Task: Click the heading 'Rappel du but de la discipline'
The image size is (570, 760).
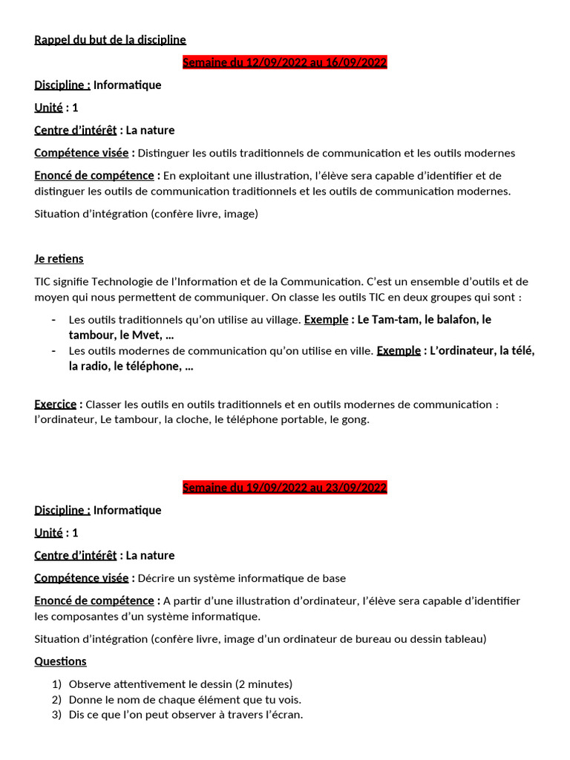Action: (x=110, y=39)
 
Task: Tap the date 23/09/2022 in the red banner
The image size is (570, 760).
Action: (x=358, y=488)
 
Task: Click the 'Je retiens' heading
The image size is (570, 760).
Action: (x=59, y=258)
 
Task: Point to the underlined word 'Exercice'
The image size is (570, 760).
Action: (x=55, y=404)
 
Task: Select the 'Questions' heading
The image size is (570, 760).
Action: (x=60, y=661)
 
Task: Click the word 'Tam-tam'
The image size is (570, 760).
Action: (x=397, y=319)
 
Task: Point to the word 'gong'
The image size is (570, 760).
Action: (x=354, y=419)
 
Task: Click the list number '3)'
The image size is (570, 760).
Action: (x=56, y=715)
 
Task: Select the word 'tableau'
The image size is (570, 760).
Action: (x=462, y=639)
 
